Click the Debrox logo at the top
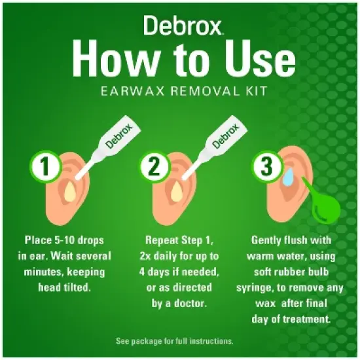(180, 27)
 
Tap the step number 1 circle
(43, 167)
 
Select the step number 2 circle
(154, 167)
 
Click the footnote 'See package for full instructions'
(179, 341)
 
